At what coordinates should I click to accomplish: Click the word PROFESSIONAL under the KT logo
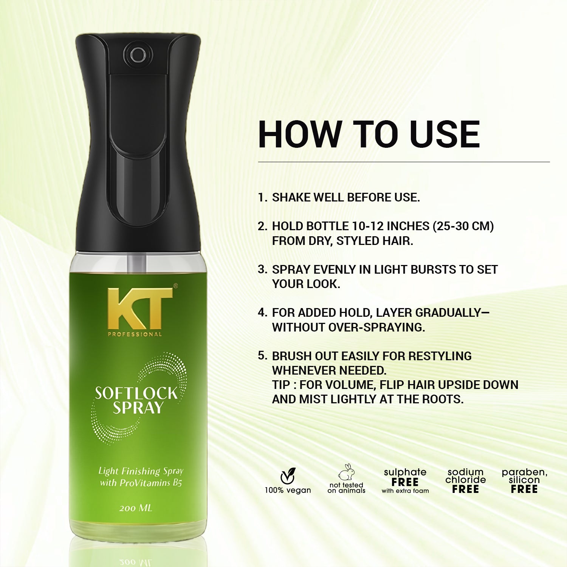point(135,334)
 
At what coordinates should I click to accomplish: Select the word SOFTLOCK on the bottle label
point(136,393)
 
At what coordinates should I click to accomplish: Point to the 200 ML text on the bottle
point(136,508)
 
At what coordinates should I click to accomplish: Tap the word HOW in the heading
point(299,135)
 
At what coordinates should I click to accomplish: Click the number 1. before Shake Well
point(262,197)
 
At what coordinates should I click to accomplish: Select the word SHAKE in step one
point(291,197)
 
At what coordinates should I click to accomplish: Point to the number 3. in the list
point(262,270)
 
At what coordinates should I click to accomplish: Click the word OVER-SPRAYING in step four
point(376,327)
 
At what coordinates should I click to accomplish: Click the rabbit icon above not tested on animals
point(347,472)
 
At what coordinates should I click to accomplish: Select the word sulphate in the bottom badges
point(405,472)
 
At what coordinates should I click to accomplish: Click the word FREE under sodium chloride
point(465,489)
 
